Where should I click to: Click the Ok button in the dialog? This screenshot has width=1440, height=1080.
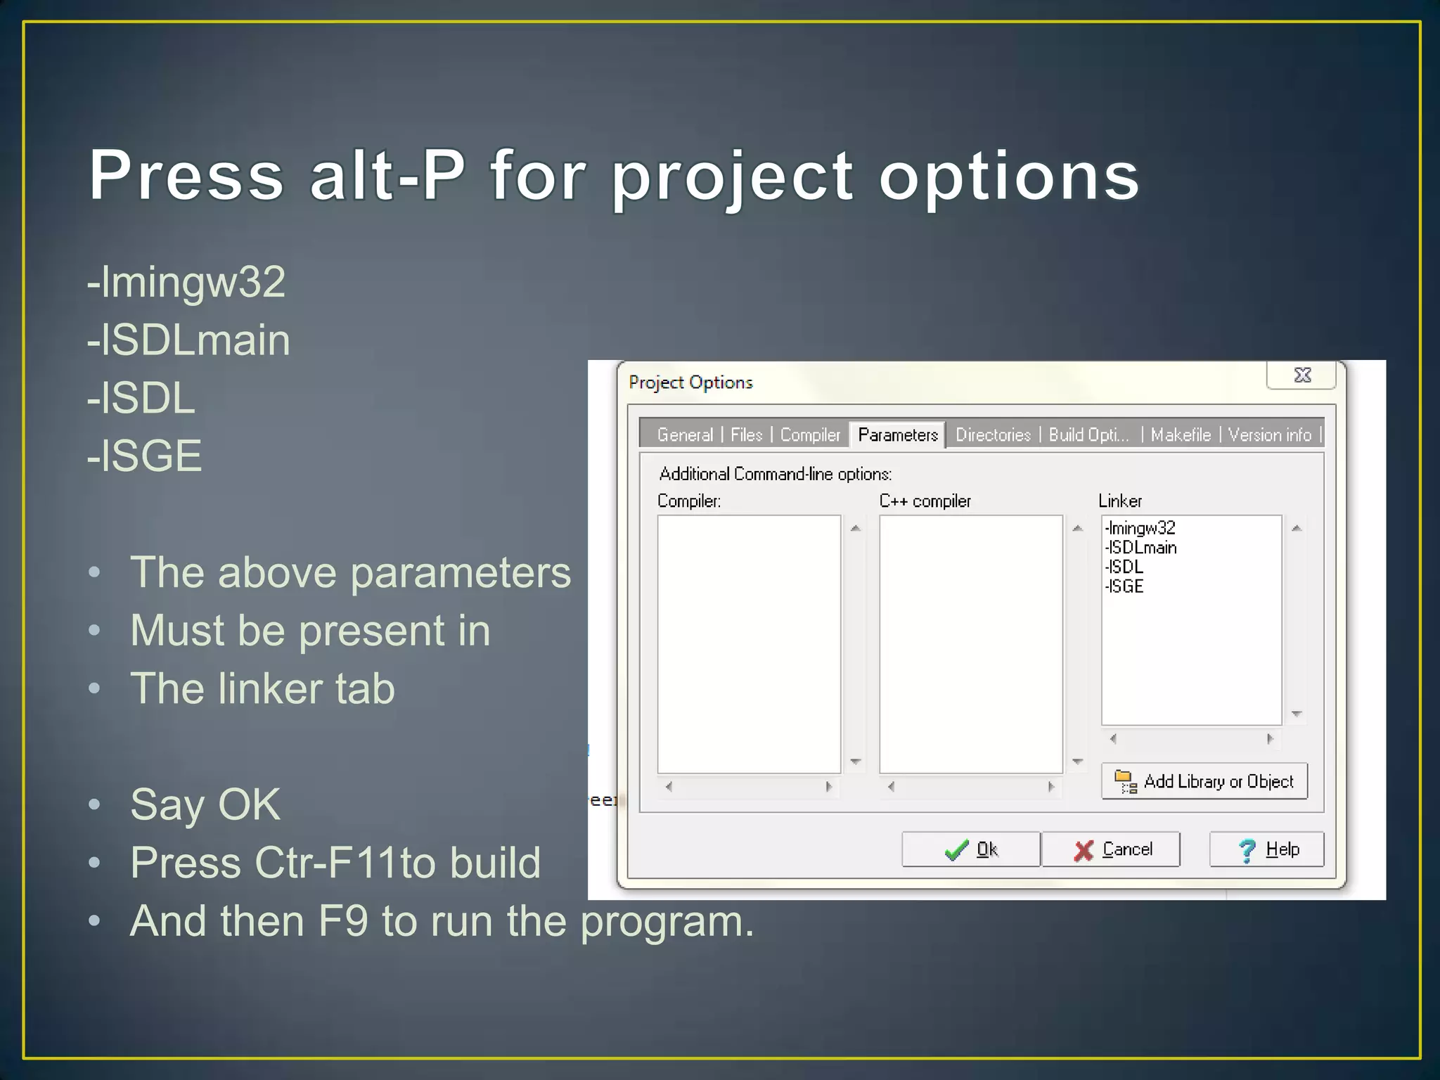click(x=970, y=849)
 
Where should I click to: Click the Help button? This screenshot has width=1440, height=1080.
click(x=1266, y=849)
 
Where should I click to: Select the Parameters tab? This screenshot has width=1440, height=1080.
click(x=898, y=435)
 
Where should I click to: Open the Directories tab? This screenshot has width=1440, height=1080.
click(x=993, y=435)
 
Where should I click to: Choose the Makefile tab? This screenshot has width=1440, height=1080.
click(x=1181, y=435)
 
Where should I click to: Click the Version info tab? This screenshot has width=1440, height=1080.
click(x=1269, y=435)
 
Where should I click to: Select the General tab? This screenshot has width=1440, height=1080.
click(x=685, y=435)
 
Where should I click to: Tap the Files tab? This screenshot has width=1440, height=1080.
click(x=746, y=435)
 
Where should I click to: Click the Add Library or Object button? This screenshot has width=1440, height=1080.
click(x=1204, y=781)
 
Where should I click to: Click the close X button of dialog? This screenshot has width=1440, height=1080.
click(x=1302, y=375)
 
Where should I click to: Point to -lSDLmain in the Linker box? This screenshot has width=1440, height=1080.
click(x=1141, y=548)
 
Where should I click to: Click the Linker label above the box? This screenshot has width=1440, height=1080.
click(x=1120, y=501)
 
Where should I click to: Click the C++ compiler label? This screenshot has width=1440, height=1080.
click(x=925, y=501)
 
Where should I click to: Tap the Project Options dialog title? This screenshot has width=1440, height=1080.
click(x=690, y=382)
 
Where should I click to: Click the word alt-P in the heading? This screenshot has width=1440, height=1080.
click(x=387, y=175)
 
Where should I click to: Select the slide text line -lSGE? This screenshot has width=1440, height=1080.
click(x=145, y=456)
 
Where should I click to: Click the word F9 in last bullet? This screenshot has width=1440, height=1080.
click(x=343, y=921)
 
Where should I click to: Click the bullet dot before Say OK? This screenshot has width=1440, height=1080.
click(x=94, y=804)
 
